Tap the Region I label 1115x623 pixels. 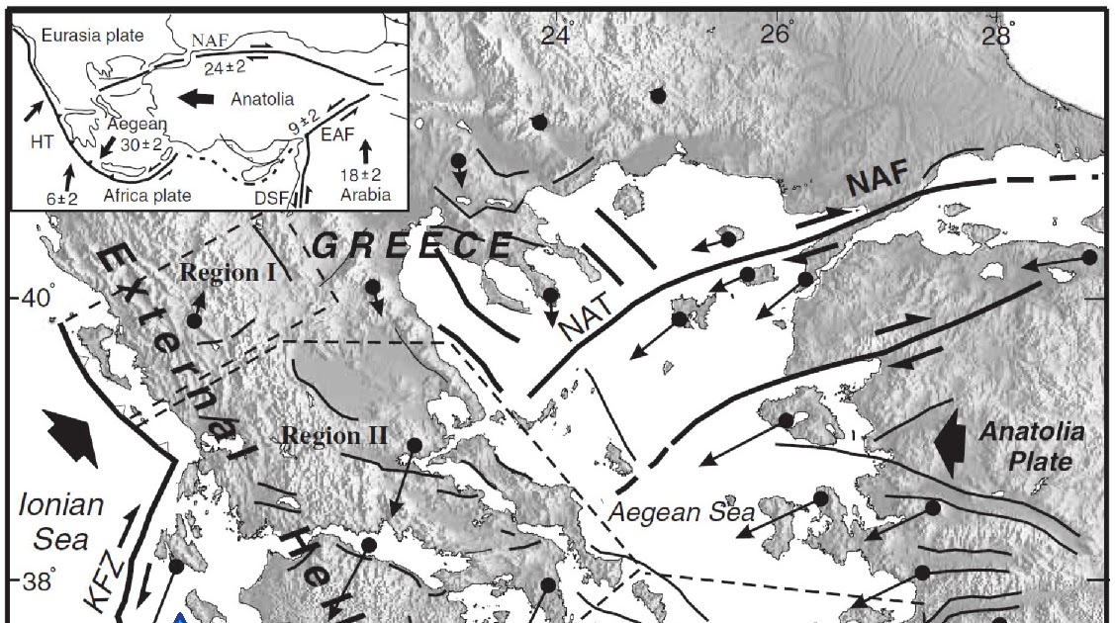pos(229,272)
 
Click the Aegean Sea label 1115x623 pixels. pos(682,512)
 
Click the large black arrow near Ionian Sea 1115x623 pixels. pos(71,439)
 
